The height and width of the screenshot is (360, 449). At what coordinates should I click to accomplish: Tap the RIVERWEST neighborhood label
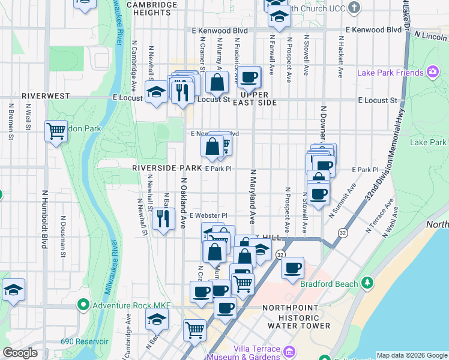tap(46, 96)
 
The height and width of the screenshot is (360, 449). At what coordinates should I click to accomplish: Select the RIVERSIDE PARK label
tap(167, 169)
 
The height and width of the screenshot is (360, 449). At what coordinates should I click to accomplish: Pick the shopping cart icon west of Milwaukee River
tap(56, 131)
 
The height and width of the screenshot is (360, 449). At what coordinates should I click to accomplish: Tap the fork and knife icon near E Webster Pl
tap(163, 218)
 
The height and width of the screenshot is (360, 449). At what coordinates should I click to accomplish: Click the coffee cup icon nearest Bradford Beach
tap(292, 268)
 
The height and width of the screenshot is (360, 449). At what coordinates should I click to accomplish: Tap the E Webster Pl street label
tap(208, 215)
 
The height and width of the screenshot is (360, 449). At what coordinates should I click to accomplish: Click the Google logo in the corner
tap(20, 353)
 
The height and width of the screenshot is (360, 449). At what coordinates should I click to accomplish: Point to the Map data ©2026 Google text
tap(411, 355)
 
